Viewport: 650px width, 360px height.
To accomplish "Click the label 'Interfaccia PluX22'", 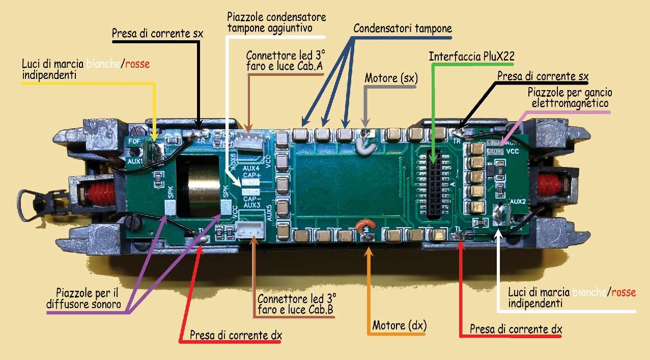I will (471, 56).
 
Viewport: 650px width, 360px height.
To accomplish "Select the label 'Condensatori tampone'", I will (403, 29).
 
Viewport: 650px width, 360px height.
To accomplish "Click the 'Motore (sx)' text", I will (391, 79).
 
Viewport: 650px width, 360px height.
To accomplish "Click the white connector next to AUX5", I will (249, 230).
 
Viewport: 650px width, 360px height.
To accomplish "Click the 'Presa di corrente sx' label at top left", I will (157, 34).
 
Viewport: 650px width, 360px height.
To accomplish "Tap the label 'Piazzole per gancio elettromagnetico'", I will (570, 98).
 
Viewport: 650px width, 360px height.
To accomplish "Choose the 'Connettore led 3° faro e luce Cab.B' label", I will (297, 303).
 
